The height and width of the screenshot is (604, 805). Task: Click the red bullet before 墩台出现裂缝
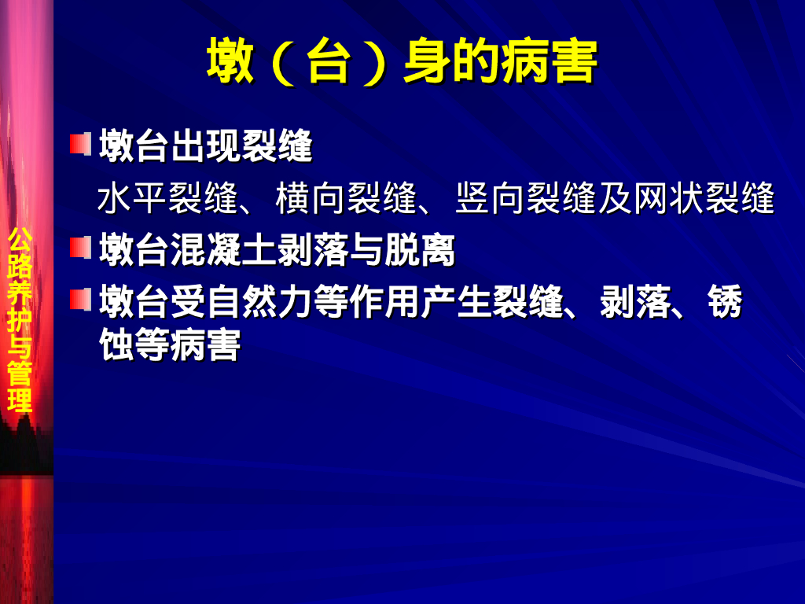click(79, 145)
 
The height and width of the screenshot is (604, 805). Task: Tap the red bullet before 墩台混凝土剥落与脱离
click(79, 249)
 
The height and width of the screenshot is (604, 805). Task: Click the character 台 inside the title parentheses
click(328, 62)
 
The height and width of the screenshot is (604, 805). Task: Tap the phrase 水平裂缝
click(167, 199)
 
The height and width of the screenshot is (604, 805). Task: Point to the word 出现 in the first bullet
click(206, 147)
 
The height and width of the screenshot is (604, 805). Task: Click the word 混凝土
click(223, 252)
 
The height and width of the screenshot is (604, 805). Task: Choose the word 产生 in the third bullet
click(456, 303)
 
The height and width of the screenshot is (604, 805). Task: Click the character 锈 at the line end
click(724, 303)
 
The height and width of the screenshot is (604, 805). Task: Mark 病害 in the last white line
click(205, 345)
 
